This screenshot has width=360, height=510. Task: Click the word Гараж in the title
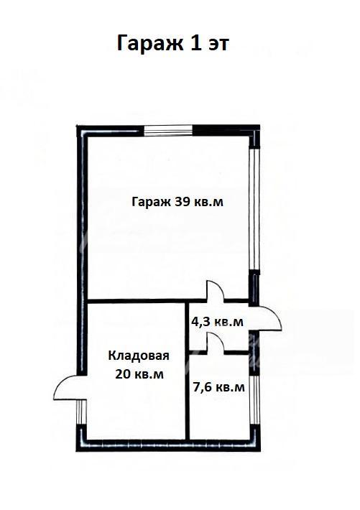(x=150, y=44)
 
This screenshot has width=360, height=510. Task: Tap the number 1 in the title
(x=195, y=42)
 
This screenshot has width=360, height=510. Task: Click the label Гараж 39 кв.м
(x=177, y=203)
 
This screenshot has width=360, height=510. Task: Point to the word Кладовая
(x=139, y=356)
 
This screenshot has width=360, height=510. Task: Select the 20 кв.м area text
(x=139, y=374)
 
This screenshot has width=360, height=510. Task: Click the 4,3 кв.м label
(x=217, y=322)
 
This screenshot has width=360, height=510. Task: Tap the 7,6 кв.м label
(x=218, y=387)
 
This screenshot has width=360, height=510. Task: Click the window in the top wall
(x=168, y=130)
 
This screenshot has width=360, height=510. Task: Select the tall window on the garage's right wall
(x=254, y=209)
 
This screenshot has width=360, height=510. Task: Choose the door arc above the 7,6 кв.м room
(x=216, y=340)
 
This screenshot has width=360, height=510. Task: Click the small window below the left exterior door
(x=81, y=412)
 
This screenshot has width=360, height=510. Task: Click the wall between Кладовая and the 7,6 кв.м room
(x=187, y=371)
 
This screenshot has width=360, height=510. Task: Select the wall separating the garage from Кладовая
(x=147, y=301)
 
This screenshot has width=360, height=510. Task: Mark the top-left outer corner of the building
(x=76, y=126)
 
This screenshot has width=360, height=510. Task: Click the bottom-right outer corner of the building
(x=259, y=451)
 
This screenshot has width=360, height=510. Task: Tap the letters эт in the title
(x=218, y=45)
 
